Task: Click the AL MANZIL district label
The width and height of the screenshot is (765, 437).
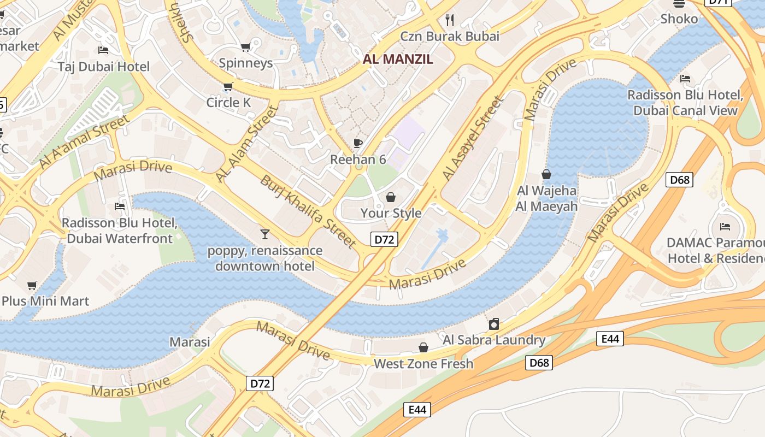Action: point(398,59)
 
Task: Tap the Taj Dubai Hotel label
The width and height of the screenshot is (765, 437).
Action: point(104,67)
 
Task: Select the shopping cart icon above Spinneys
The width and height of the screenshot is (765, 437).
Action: point(245,48)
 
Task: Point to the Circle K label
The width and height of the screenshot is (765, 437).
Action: point(228,102)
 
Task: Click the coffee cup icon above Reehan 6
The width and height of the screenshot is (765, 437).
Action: point(358,144)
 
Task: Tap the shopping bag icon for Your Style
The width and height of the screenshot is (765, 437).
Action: point(391,197)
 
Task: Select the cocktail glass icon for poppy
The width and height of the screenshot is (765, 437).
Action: point(265,234)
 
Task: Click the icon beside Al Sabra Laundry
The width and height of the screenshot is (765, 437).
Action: point(494,324)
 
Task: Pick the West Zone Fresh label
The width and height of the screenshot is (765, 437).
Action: point(423,364)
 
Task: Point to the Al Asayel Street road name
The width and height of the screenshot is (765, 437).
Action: point(472,139)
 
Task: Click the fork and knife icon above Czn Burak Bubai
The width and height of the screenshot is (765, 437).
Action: point(450,20)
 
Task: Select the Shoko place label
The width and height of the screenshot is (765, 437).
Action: point(679,19)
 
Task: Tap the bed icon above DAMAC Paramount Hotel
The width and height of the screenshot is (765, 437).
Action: point(725,226)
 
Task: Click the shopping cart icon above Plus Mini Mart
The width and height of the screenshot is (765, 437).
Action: point(32,285)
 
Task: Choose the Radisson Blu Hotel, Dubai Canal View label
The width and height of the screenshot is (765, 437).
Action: point(685,103)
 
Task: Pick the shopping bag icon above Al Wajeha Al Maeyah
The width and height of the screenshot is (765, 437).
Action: point(546,174)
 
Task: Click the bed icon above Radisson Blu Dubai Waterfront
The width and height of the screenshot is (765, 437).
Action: point(120,206)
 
